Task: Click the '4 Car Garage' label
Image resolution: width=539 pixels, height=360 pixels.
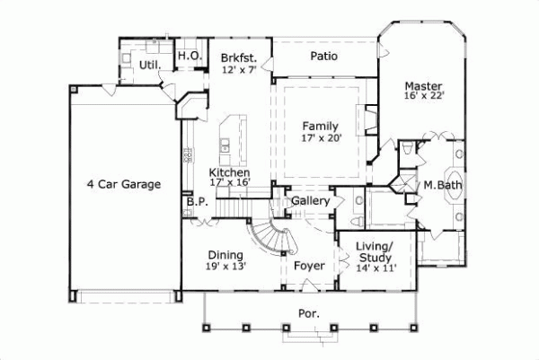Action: click(124, 185)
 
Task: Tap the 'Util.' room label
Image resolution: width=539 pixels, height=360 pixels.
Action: click(149, 66)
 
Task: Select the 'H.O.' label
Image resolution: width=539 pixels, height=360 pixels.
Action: click(189, 56)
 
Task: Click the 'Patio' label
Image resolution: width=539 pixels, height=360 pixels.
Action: click(324, 56)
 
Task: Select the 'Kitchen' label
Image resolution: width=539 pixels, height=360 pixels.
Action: click(230, 172)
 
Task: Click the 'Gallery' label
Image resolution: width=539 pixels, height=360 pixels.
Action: click(310, 201)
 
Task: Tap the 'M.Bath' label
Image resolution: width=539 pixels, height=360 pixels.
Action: click(442, 186)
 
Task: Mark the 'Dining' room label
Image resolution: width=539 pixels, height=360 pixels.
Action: click(226, 254)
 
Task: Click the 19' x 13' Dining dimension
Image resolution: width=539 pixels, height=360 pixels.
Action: click(226, 266)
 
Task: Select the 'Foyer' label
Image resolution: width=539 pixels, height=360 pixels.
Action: click(308, 265)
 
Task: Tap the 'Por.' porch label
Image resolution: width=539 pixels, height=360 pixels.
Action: click(310, 315)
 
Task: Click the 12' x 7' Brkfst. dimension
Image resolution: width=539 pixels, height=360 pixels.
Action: click(240, 69)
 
